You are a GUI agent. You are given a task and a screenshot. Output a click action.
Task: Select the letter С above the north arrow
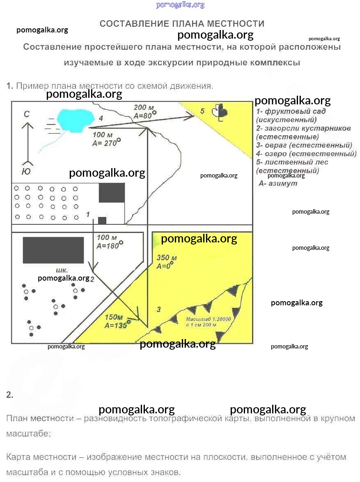pyautogui.click(x=27, y=115)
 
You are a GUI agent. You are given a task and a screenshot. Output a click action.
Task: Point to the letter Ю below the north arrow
pyautogui.click(x=26, y=172)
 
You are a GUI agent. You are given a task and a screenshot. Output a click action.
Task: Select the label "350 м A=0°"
pyautogui.click(x=166, y=262)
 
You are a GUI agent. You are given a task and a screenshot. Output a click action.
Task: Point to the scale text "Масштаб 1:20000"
pyautogui.click(x=209, y=319)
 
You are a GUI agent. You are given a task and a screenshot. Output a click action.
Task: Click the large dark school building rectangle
pyautogui.click(x=53, y=250)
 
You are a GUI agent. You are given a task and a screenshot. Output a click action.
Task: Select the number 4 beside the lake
pyautogui.click(x=100, y=118)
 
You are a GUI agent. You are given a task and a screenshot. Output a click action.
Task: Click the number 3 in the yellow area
pyautogui.click(x=159, y=309)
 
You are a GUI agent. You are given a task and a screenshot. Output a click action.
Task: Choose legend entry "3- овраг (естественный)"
pyautogui.click(x=304, y=145)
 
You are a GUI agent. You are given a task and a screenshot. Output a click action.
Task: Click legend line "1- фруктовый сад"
pyautogui.click(x=291, y=111)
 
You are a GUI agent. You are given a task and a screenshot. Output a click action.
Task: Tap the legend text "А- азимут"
pyautogui.click(x=278, y=184)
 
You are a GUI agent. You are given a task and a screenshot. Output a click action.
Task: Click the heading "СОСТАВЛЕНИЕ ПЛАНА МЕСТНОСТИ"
pyautogui.click(x=182, y=24)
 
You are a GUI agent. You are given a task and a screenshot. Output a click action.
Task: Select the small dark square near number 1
pyautogui.click(x=102, y=220)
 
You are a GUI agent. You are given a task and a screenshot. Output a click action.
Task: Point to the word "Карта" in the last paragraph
pyautogui.click(x=18, y=457)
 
